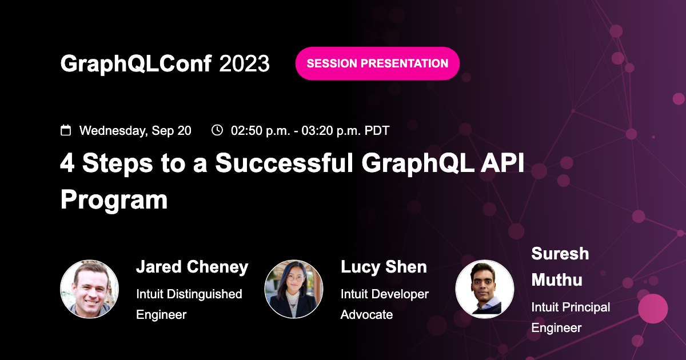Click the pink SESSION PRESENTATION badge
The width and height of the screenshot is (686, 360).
[x=377, y=63]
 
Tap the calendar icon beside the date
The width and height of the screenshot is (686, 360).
[x=66, y=130]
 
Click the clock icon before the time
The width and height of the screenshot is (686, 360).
[x=217, y=130]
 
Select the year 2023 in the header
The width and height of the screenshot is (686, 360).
[x=245, y=63]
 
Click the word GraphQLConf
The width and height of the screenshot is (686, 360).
[x=136, y=63]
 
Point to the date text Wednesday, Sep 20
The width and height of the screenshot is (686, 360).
[x=135, y=131]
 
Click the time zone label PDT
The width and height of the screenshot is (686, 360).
[x=377, y=130]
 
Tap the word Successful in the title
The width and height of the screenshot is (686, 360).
[x=284, y=163]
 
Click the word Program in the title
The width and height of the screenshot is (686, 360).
[x=114, y=200]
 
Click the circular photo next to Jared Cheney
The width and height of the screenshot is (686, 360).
[x=89, y=289]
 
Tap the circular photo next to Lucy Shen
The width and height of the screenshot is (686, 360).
[x=294, y=289]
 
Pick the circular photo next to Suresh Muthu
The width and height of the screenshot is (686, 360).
[x=485, y=289]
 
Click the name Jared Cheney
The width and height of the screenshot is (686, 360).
[x=192, y=267]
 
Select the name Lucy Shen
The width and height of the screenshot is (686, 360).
[x=384, y=267]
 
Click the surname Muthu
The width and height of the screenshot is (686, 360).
[x=557, y=280]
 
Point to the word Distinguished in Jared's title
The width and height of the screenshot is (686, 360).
[x=205, y=294]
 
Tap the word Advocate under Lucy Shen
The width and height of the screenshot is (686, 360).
[x=366, y=315]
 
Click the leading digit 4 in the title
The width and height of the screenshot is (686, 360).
[x=67, y=162]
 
